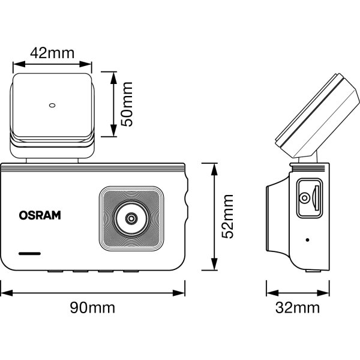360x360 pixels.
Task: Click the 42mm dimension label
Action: [x=52, y=52]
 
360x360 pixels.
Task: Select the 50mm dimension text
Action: [x=127, y=104]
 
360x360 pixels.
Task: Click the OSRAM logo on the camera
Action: [x=40, y=214]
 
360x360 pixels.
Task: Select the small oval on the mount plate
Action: [x=52, y=106]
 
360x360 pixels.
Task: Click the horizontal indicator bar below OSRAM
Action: [x=29, y=253]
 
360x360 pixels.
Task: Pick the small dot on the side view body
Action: [x=308, y=240]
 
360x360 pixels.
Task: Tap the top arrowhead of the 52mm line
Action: [x=214, y=166]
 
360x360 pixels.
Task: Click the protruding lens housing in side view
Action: [x=277, y=216]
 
